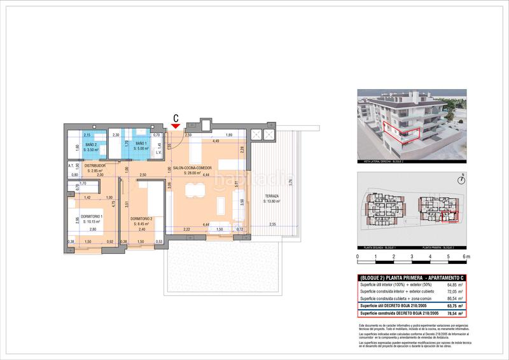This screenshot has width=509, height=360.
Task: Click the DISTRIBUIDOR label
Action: (x=95, y=167)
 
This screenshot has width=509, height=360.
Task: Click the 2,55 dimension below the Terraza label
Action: (x=272, y=225)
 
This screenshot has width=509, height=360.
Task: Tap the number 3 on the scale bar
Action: (x=412, y=258)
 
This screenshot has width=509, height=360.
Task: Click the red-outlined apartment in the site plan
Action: (x=449, y=217)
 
